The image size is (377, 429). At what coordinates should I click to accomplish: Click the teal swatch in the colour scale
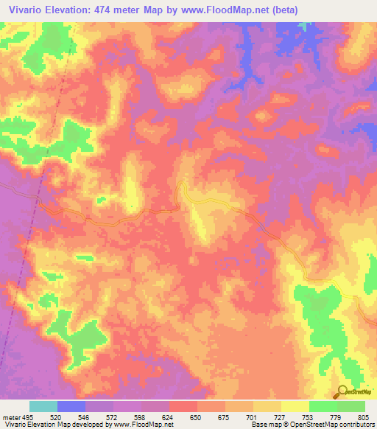(x=43, y=406)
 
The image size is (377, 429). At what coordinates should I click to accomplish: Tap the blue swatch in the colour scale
(x=71, y=406)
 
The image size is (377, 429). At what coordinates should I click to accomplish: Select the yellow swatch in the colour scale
(x=295, y=406)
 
